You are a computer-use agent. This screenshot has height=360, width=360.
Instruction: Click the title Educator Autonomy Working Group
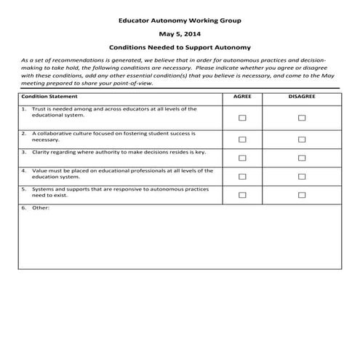click(x=180, y=21)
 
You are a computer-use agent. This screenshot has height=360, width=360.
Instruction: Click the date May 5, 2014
click(x=180, y=33)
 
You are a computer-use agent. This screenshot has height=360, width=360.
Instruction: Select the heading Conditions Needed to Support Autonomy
click(x=180, y=46)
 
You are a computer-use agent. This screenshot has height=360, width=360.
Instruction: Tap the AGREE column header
click(x=242, y=96)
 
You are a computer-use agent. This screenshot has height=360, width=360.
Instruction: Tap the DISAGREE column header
click(x=301, y=96)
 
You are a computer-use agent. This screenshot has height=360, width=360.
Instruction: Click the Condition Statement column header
click(x=48, y=96)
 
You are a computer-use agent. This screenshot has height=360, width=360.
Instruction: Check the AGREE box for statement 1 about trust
click(x=242, y=118)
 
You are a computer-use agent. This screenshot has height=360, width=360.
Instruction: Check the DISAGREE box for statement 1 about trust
click(x=302, y=118)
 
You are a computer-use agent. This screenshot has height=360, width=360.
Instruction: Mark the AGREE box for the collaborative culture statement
click(x=242, y=140)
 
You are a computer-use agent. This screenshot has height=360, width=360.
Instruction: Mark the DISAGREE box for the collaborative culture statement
click(x=302, y=140)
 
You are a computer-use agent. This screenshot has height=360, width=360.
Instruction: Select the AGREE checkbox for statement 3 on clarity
click(x=242, y=157)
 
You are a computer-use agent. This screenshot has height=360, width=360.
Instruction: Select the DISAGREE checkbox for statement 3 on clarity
click(x=302, y=157)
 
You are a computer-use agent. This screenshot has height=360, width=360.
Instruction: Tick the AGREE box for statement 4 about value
click(x=242, y=176)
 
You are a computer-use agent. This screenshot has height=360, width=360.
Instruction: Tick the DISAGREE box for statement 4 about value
click(x=302, y=176)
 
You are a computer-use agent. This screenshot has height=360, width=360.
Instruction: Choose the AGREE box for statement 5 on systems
click(x=242, y=195)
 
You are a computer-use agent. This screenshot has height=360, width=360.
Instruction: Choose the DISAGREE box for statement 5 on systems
click(x=302, y=195)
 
